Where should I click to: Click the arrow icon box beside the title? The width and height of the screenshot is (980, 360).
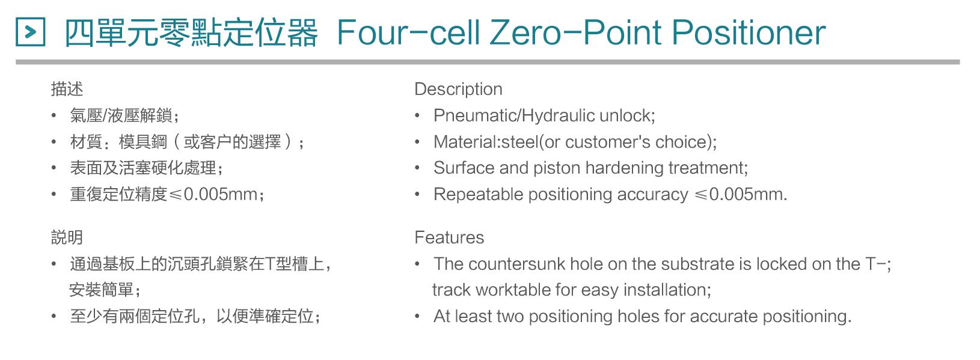pyautogui.click(x=30, y=32)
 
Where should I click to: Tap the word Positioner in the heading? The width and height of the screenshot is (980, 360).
pyautogui.click(x=748, y=33)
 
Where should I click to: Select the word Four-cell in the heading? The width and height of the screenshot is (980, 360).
pyautogui.click(x=409, y=33)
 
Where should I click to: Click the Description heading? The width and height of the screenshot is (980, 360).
pyautogui.click(x=458, y=89)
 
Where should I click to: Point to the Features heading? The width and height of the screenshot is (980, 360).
pyautogui.click(x=449, y=237)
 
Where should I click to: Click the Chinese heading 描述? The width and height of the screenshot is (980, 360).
pyautogui.click(x=67, y=89)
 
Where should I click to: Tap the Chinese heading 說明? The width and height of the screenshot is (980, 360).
pyautogui.click(x=67, y=237)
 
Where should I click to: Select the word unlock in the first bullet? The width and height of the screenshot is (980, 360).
pyautogui.click(x=627, y=115)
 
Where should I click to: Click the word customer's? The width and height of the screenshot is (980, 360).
pyautogui.click(x=608, y=142)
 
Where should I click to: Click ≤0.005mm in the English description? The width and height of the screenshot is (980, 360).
pyautogui.click(x=741, y=194)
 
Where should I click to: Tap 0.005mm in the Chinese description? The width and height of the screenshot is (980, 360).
pyautogui.click(x=221, y=194)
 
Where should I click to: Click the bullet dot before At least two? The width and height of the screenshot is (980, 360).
pyautogui.click(x=417, y=316)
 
